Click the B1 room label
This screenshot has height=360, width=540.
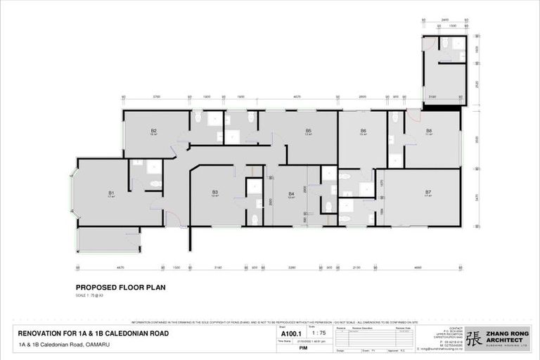point(111,193)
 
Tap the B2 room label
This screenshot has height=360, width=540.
point(153,131)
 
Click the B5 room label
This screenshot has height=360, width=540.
point(309,131)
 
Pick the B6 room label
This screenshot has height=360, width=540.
point(364,131)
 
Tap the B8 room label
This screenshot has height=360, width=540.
point(429,131)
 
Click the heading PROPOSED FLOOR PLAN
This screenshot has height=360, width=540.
point(120,287)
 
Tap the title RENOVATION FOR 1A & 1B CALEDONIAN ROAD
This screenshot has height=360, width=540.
point(94,333)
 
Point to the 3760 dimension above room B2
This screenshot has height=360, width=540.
point(157,96)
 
